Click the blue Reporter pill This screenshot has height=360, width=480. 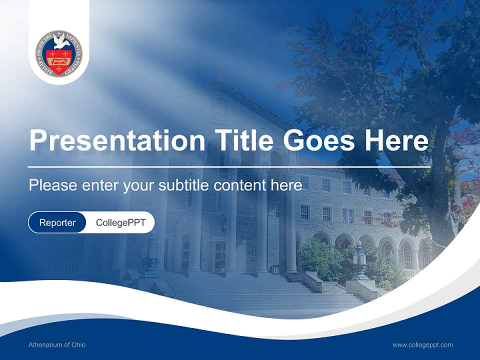pyautogui.click(x=57, y=222)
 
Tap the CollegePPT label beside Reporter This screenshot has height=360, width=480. pyautogui.click(x=120, y=222)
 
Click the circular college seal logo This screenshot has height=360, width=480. pyautogui.click(x=59, y=53)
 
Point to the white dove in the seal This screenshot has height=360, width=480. pyautogui.click(x=61, y=42)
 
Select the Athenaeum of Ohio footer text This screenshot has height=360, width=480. pyautogui.click(x=57, y=345)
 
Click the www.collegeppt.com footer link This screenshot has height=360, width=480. pyautogui.click(x=422, y=345)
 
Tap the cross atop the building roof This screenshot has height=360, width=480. pyautogui.click(x=218, y=70)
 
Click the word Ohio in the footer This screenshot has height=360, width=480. pyautogui.click(x=78, y=345)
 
